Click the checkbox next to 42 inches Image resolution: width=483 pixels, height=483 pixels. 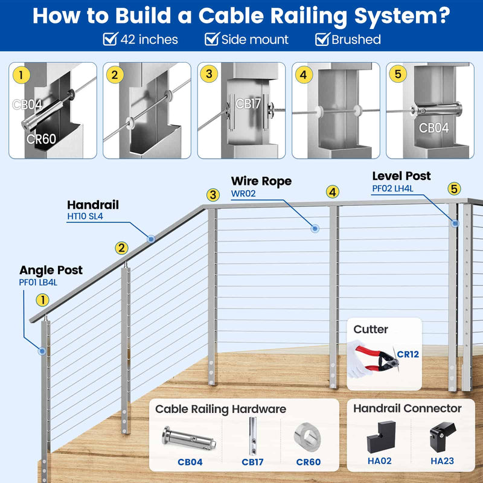110,40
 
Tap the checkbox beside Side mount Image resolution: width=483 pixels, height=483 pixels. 211,40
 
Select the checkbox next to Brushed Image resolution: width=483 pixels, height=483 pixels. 322,40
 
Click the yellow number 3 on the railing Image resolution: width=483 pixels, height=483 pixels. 213,194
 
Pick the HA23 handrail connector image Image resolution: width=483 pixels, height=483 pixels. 441,438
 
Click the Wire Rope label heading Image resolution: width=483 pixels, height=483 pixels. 261,181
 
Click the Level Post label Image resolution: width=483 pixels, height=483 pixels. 401,176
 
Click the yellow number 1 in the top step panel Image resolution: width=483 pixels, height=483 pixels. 21,76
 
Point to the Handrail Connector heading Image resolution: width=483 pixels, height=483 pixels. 407,409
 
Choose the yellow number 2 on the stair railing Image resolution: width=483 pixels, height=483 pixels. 122,248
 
